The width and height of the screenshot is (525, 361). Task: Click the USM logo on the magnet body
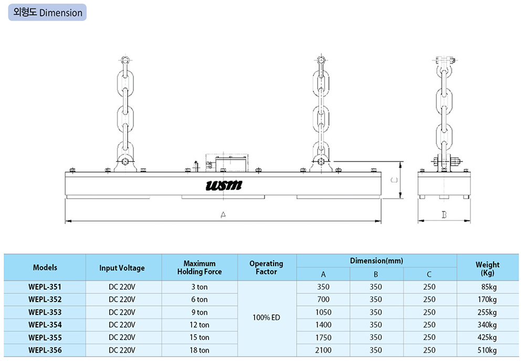click(224, 185)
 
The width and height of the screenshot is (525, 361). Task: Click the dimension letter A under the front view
click(223, 215)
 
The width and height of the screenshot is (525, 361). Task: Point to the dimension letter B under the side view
click(444, 215)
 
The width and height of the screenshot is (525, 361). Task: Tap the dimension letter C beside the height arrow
click(394, 180)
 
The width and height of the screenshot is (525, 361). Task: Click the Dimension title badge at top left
click(47, 13)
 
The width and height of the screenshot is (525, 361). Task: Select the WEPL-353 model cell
click(45, 312)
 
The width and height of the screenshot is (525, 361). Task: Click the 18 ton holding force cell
click(199, 351)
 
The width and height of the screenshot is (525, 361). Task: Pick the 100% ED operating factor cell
click(267, 317)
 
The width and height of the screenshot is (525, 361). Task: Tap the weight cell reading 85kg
click(488, 287)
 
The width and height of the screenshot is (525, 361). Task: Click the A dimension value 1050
click(323, 312)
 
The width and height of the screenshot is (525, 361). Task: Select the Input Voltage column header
click(122, 268)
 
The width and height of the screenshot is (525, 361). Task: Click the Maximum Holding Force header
click(199, 268)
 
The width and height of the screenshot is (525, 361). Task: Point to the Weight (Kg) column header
click(488, 268)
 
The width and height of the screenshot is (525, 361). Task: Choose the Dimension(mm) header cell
click(376, 261)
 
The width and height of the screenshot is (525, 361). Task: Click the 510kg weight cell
click(488, 351)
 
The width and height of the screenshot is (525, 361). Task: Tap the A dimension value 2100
click(323, 351)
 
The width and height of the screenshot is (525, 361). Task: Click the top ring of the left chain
click(125, 61)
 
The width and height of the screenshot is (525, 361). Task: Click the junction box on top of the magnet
click(227, 163)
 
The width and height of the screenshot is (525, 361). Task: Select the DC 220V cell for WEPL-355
click(122, 337)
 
